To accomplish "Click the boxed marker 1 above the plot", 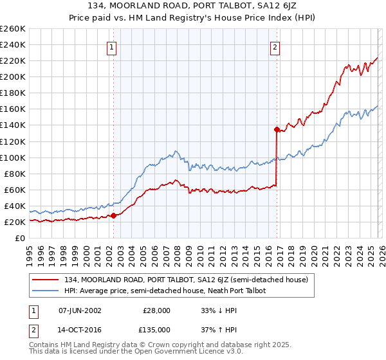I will tap(112, 46).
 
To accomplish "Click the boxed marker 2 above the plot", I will tap(275, 46).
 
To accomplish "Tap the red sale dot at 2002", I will tap(114, 215).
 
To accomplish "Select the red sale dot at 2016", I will tap(277, 129).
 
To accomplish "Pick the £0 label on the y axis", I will tap(21, 238).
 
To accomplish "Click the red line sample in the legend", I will tap(46, 280).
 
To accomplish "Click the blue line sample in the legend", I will tap(46, 291).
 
